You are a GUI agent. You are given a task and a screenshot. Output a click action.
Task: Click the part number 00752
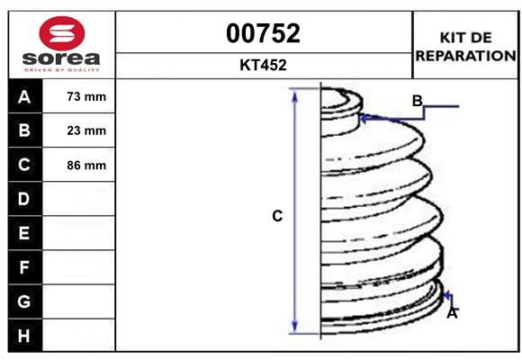pyautogui.click(x=263, y=33)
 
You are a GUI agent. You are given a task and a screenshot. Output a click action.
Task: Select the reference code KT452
pyautogui.click(x=263, y=65)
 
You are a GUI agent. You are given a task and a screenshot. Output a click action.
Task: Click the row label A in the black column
pyautogui.click(x=24, y=96)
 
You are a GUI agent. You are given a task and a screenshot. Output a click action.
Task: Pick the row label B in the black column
pyautogui.click(x=24, y=130)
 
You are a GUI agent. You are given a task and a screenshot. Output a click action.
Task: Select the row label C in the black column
pyautogui.click(x=24, y=165)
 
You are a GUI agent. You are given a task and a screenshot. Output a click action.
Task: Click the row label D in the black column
pyautogui.click(x=24, y=199)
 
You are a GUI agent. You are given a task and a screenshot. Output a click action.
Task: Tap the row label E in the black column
pyautogui.click(x=24, y=233)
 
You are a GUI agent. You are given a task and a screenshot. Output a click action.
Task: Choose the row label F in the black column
pyautogui.click(x=24, y=267)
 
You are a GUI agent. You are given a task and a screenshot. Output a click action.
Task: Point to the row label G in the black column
pyautogui.click(x=24, y=301)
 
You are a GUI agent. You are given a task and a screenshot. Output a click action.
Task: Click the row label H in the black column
pyautogui.click(x=24, y=335)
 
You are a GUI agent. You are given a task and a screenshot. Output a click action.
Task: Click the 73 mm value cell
pyautogui.click(x=86, y=96)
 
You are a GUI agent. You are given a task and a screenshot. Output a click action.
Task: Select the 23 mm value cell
pyautogui.click(x=86, y=130)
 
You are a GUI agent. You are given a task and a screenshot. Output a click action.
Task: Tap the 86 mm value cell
pyautogui.click(x=86, y=165)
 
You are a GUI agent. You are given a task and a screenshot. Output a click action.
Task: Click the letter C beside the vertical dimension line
pyautogui.click(x=277, y=216)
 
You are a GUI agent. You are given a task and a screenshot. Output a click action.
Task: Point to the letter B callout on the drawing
pyautogui.click(x=417, y=101)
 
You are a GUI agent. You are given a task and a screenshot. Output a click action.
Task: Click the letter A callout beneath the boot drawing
pyautogui.click(x=452, y=313)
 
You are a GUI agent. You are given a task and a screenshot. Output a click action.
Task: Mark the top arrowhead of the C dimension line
pyautogui.click(x=294, y=94)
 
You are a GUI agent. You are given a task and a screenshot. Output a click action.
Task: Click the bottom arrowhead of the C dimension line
pyautogui.click(x=294, y=329)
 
